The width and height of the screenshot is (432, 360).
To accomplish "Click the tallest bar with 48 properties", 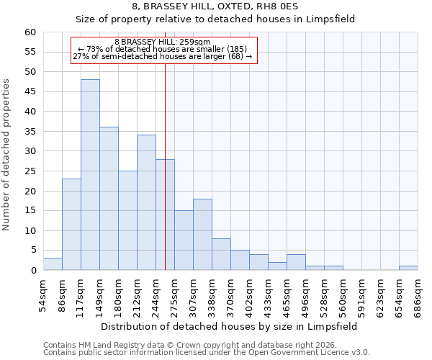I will coord(90,175).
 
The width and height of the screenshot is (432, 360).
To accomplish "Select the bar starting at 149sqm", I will coord(109,199).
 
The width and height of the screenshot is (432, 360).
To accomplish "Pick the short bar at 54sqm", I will coord(53,264).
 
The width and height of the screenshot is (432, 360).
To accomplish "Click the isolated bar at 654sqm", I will coord(408,268).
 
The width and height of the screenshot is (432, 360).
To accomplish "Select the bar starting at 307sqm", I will coord(202,235).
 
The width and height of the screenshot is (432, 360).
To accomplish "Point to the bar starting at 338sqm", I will coord(221,254).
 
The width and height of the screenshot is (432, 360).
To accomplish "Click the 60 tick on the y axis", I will coord(30,32).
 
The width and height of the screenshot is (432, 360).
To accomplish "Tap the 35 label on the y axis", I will coord(30,132).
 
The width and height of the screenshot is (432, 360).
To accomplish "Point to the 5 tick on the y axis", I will coord(33,251).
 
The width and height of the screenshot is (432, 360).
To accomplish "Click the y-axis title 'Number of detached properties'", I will coord(7,155).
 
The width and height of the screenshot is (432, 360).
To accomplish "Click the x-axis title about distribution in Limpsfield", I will coord(229,326).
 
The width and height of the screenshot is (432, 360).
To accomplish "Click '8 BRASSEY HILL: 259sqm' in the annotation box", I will coord(163,42).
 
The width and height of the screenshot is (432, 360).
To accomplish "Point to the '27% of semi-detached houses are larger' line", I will coord(163,56).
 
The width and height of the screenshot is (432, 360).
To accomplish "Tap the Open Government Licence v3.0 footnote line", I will coord(207,353).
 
